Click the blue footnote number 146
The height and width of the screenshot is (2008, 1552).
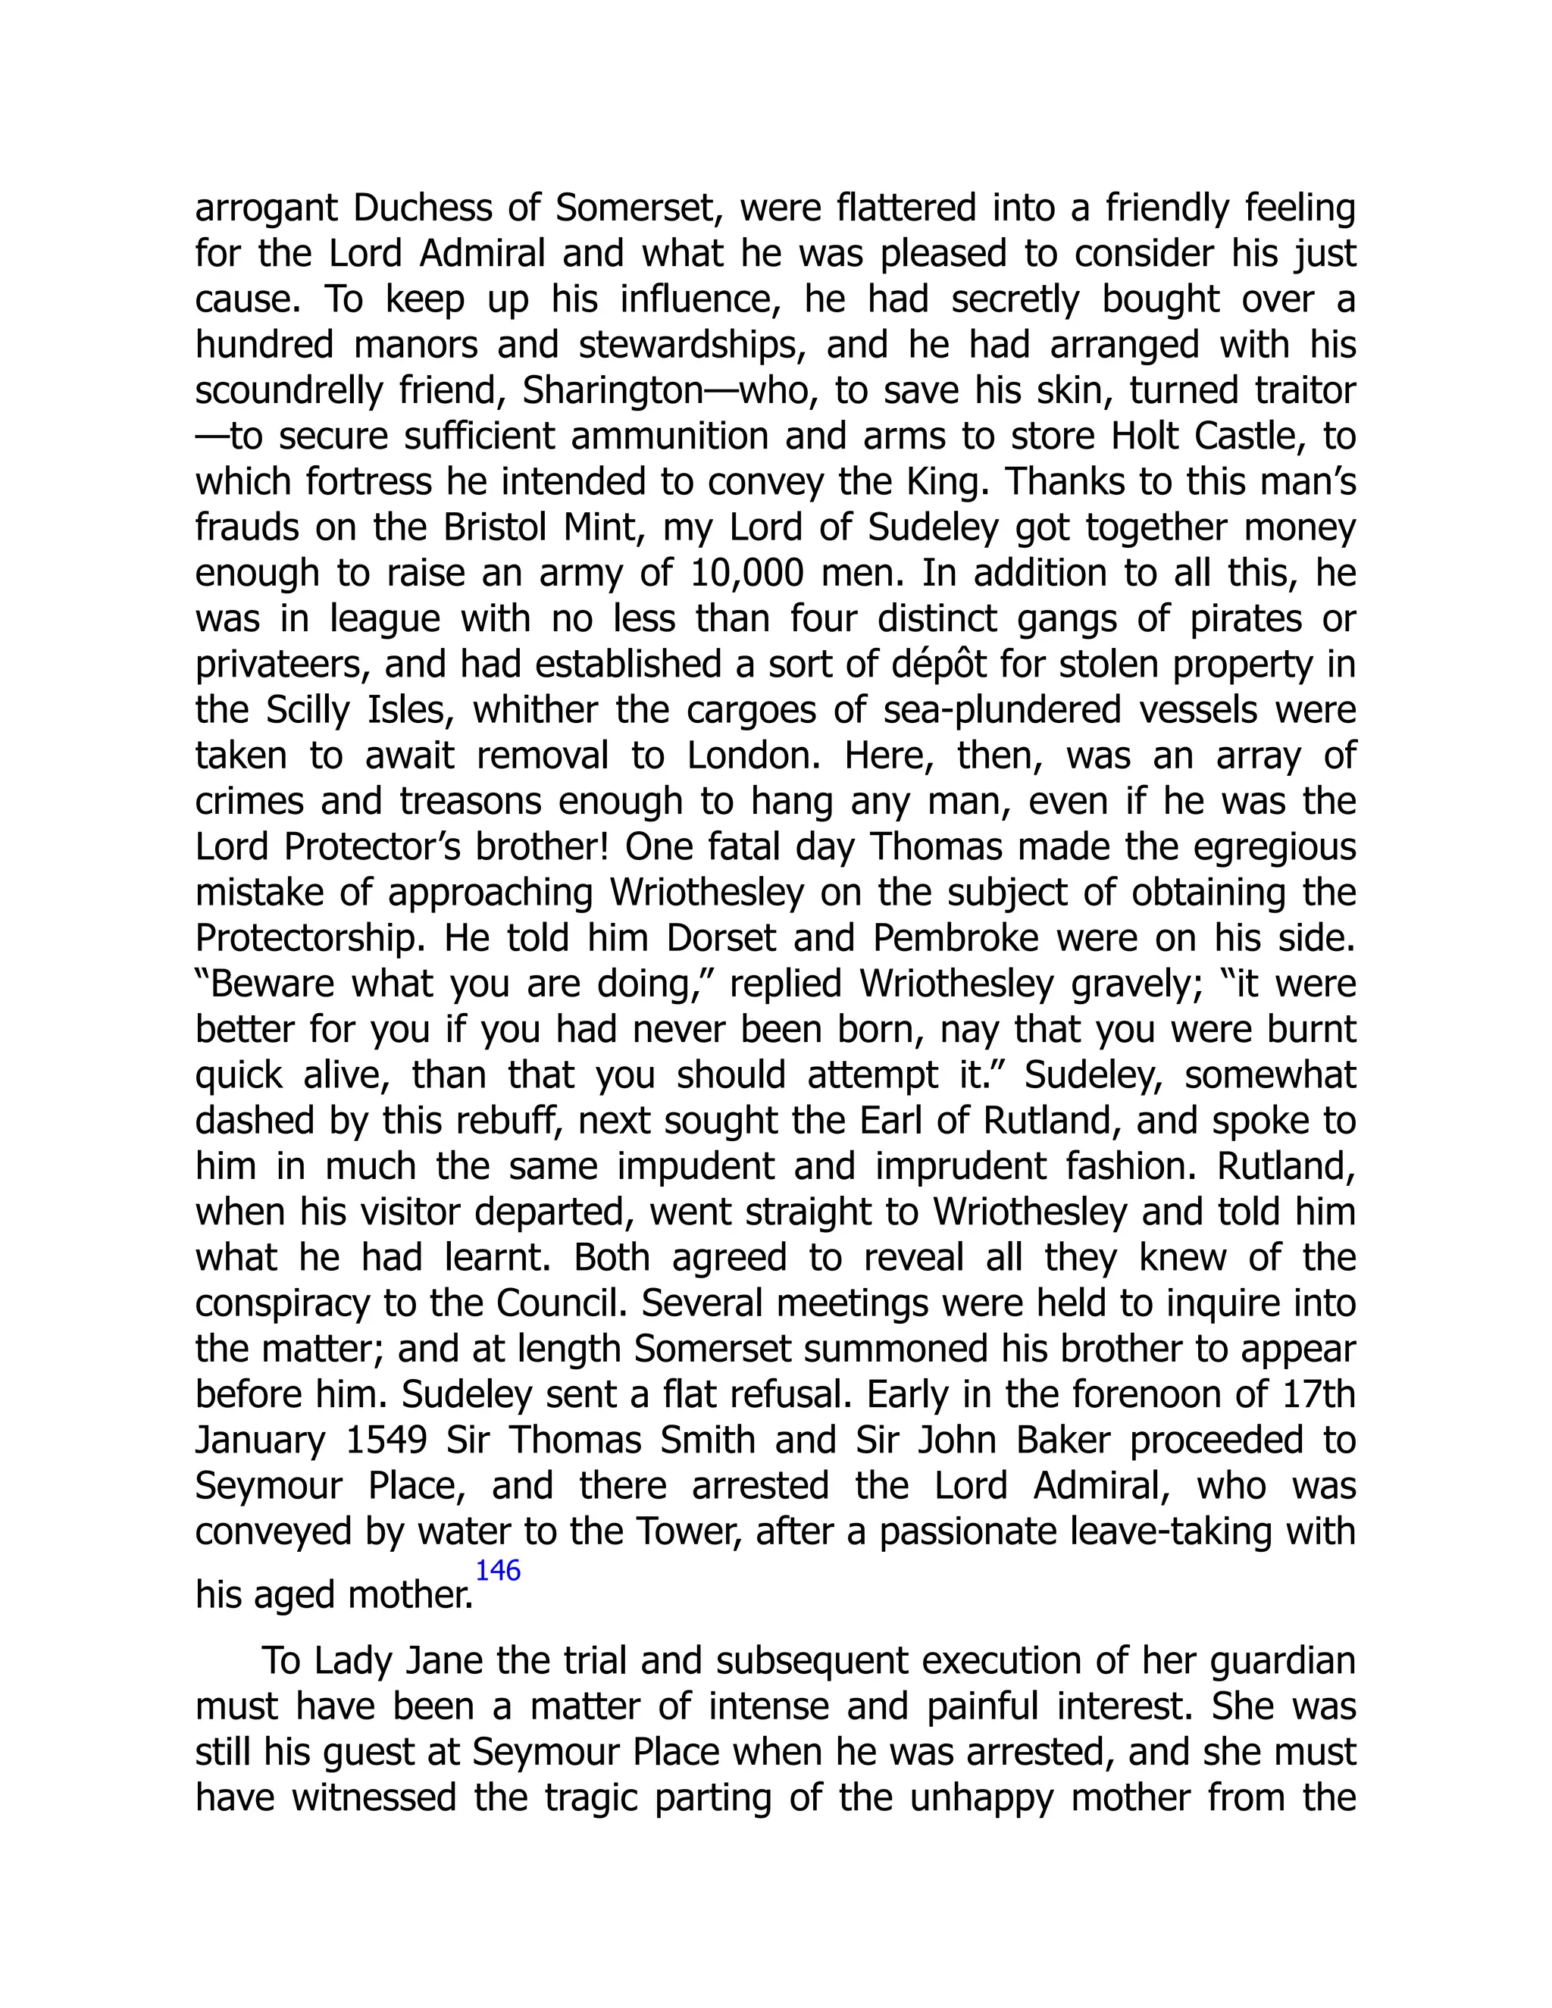click(497, 1570)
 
